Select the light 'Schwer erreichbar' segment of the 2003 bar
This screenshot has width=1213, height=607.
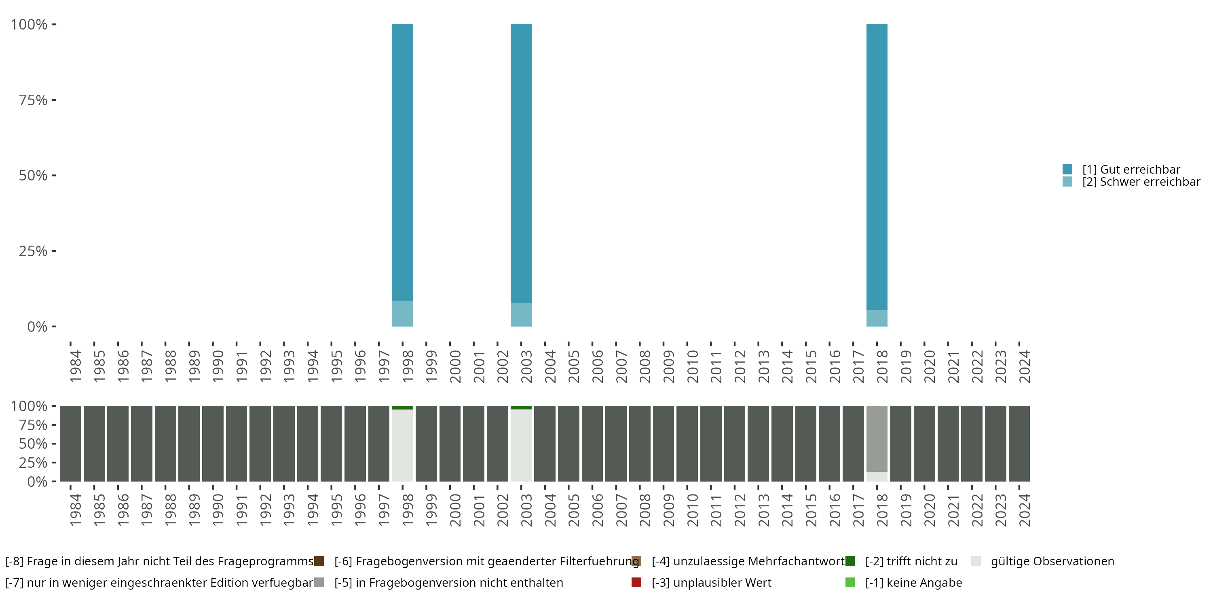[x=521, y=314]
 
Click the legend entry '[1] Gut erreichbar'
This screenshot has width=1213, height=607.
[x=1131, y=169]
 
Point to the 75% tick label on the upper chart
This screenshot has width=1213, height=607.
[x=33, y=100]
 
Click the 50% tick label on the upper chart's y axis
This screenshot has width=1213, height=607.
[x=33, y=175]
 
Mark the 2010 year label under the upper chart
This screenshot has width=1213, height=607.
[x=692, y=366]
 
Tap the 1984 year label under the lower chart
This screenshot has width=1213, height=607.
[x=75, y=510]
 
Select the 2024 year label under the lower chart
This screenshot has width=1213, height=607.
[x=1024, y=510]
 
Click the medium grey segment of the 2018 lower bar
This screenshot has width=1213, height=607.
[x=877, y=438]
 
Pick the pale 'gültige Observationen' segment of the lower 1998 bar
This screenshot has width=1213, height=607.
[x=402, y=446]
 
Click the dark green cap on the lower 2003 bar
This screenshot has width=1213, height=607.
[x=521, y=407]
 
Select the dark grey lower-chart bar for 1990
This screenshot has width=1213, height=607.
[x=213, y=444]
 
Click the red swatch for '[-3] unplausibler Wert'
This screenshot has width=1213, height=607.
[x=636, y=582]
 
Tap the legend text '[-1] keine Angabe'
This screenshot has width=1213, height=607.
[x=913, y=582]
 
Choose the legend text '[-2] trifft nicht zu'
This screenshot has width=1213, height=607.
[x=911, y=561]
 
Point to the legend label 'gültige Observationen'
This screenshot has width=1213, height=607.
[x=1052, y=561]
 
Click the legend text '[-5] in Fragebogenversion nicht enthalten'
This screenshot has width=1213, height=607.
[x=448, y=582]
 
